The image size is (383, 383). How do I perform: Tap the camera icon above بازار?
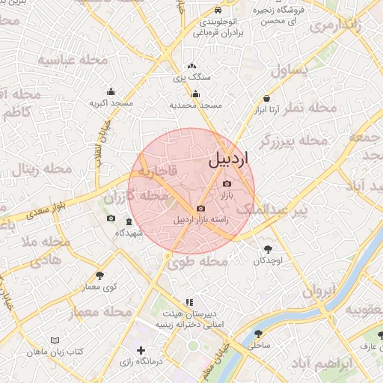(x=227, y=183)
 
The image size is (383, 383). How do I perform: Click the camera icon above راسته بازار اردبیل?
(x=200, y=209)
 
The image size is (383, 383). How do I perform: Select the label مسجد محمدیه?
(x=196, y=105)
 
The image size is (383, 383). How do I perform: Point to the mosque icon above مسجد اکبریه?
(x=111, y=91)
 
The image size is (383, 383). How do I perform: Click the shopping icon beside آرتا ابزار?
(x=267, y=99)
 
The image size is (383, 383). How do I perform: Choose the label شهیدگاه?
(x=129, y=233)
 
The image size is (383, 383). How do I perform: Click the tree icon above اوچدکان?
(x=267, y=249)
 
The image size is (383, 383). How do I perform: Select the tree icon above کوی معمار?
(x=100, y=276)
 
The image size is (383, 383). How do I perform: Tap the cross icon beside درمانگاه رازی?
(x=140, y=350)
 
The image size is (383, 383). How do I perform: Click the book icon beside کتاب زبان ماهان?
(x=55, y=340)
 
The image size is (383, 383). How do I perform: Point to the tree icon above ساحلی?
(x=259, y=334)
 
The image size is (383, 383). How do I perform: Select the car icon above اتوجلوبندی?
(x=217, y=11)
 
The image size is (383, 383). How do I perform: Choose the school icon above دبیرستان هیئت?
(x=188, y=302)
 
